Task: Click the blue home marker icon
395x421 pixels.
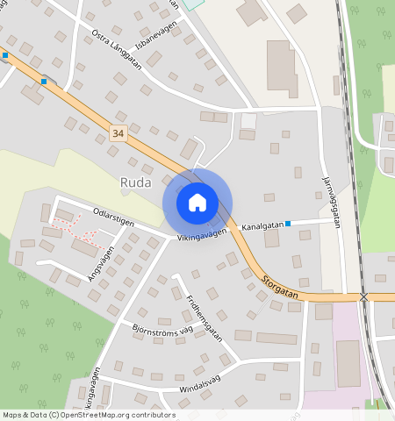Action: click(197, 203)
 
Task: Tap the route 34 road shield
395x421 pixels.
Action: click(118, 132)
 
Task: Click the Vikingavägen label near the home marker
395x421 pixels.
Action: click(201, 235)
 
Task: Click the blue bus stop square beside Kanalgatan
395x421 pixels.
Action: click(288, 224)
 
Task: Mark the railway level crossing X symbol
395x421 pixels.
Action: click(363, 297)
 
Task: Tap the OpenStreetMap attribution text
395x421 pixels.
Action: click(90, 415)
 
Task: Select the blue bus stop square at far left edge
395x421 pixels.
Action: click(5, 55)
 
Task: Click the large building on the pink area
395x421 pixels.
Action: click(348, 362)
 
